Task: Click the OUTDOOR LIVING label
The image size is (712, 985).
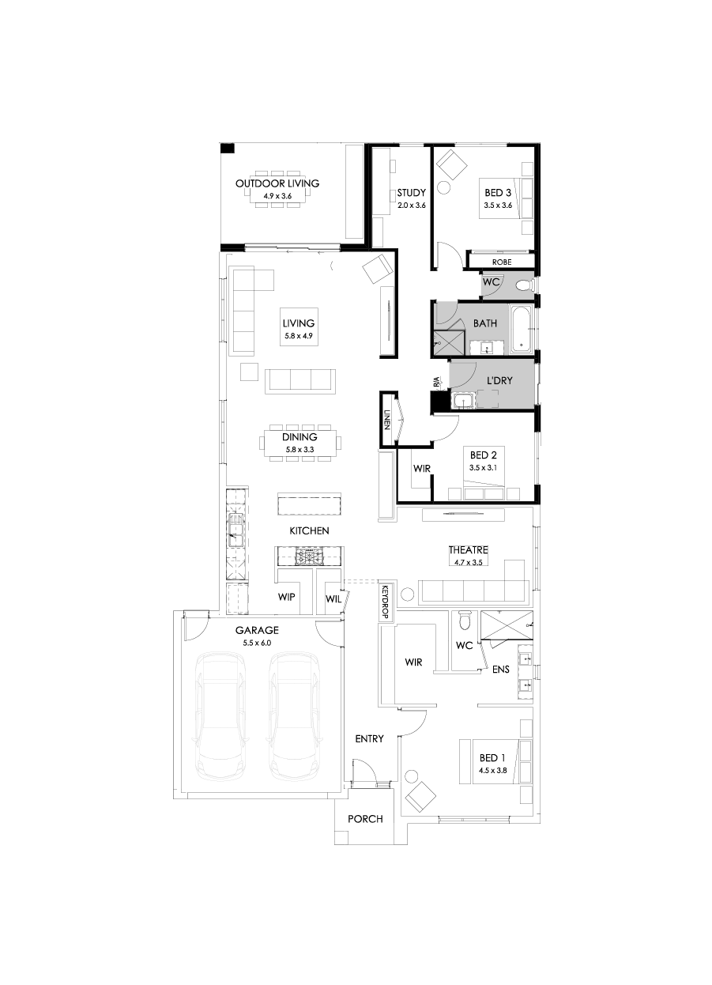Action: [x=277, y=183]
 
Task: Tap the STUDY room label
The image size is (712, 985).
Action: [x=411, y=192]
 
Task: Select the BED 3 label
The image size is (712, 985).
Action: [x=498, y=192]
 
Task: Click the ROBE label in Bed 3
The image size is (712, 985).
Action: [x=502, y=262]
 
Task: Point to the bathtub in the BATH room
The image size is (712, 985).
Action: [x=522, y=327]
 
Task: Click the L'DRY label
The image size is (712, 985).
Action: [x=499, y=380]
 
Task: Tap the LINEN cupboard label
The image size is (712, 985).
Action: [x=387, y=421]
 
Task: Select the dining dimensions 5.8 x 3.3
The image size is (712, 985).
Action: [x=299, y=450]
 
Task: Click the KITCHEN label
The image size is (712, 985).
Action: [x=309, y=530]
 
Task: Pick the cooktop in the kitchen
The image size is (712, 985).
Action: [x=307, y=557]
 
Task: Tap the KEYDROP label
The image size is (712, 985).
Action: [x=386, y=602]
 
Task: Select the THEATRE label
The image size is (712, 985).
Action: [x=469, y=550]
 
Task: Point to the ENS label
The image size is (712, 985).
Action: [x=500, y=670]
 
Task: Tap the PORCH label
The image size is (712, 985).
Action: [x=365, y=819]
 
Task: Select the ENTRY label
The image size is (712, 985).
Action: [x=369, y=738]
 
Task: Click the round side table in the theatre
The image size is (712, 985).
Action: [x=409, y=594]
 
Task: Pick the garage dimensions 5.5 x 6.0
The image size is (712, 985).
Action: [x=257, y=643]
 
